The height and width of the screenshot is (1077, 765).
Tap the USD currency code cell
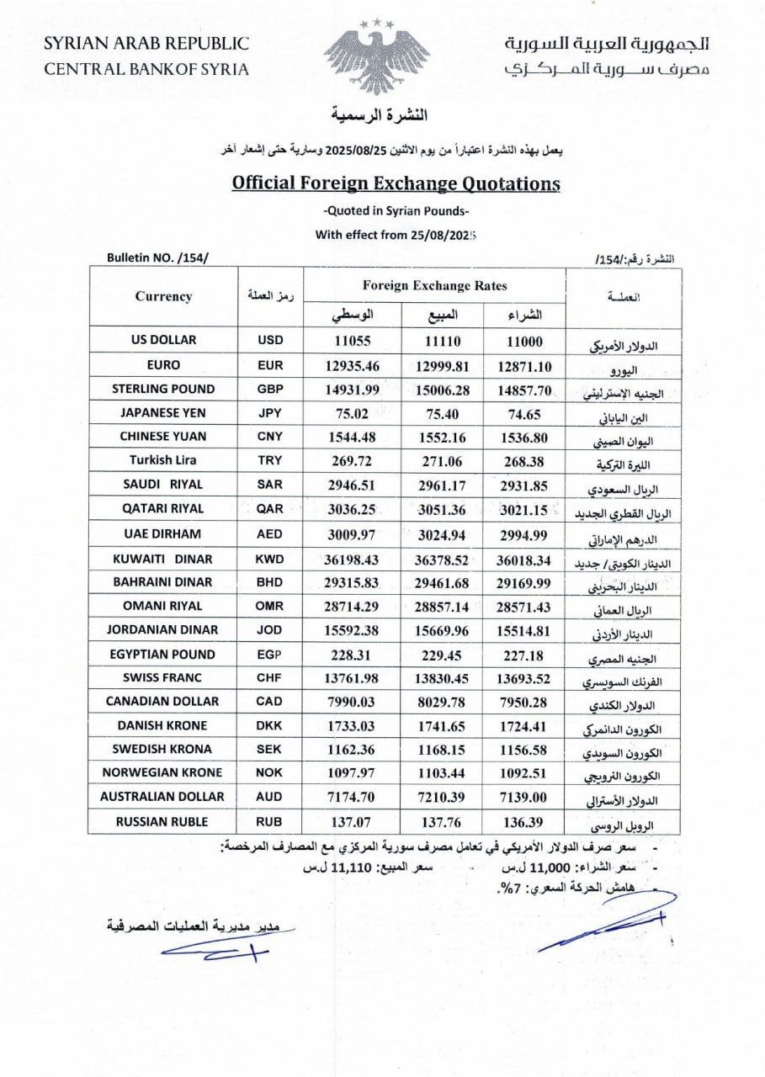[x=269, y=341]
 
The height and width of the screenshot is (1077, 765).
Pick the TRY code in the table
[x=269, y=461]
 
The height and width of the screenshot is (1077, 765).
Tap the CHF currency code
[x=269, y=678]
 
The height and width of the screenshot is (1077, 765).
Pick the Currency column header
[x=163, y=296]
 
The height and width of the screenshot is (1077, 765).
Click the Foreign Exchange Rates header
[x=434, y=286]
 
